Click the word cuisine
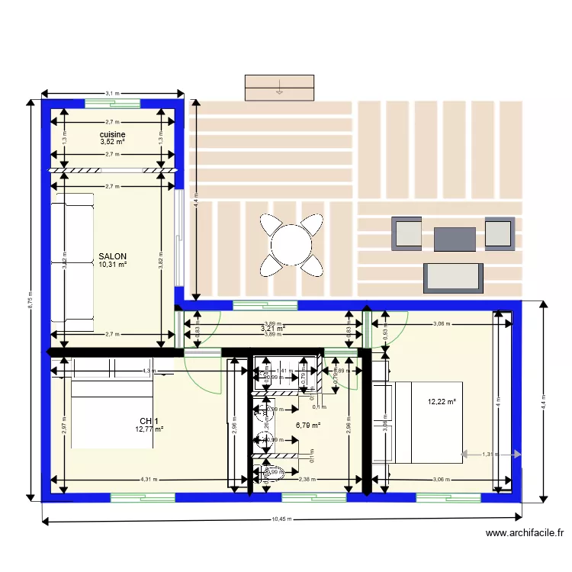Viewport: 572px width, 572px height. [x=112, y=134]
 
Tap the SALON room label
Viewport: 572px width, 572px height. [x=112, y=256]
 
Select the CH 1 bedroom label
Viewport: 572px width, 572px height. [x=149, y=421]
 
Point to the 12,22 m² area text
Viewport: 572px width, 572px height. [x=442, y=402]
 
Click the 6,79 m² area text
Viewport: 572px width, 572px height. [x=307, y=426]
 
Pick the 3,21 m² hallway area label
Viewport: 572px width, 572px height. [x=273, y=329]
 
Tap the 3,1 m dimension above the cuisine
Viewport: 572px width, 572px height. [x=112, y=93]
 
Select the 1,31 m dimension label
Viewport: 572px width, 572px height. [x=490, y=455]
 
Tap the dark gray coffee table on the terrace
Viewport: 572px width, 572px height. [x=455, y=239]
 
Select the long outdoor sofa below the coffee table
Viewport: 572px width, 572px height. [x=453, y=277]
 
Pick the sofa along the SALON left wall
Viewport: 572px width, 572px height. [x=72, y=262]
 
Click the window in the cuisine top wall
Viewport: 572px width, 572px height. [x=112, y=104]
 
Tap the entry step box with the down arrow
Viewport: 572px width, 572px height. [x=279, y=87]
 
